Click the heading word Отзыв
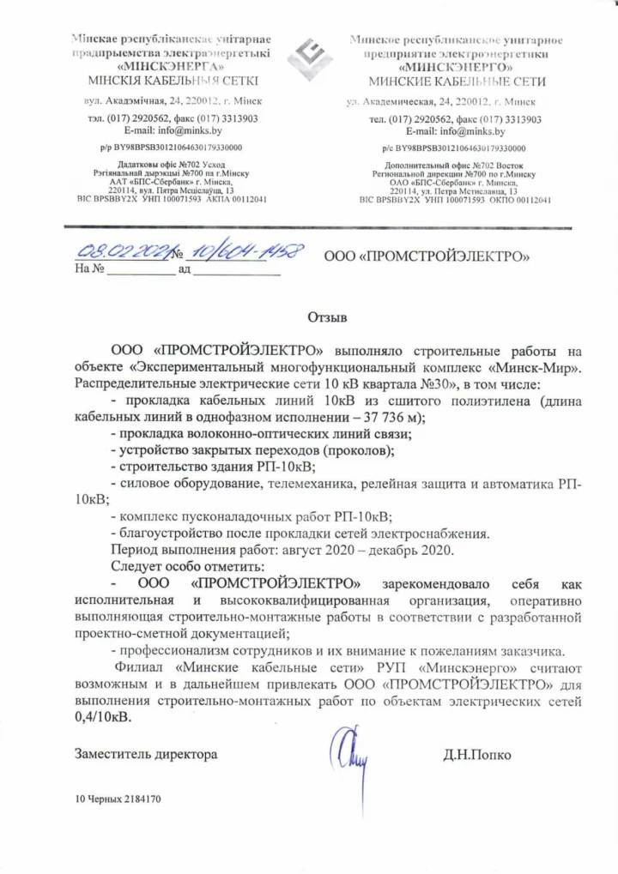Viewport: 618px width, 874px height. coord(326,319)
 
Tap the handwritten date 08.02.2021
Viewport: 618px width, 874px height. coord(123,252)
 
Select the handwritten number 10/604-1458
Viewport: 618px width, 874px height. coord(245,251)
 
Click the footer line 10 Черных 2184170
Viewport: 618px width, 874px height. coord(118,799)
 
